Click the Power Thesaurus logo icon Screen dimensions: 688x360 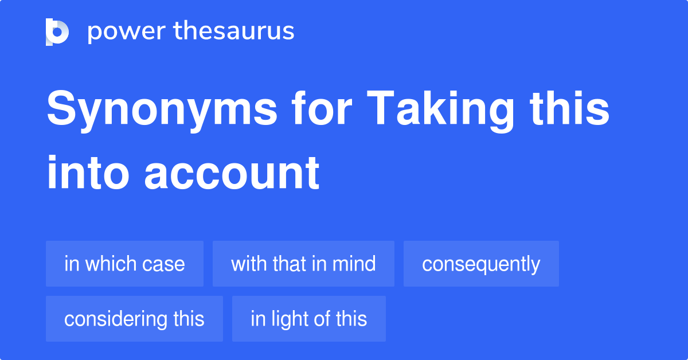[x=57, y=32]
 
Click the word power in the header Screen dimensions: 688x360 [x=127, y=32]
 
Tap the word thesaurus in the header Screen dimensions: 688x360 [x=234, y=30]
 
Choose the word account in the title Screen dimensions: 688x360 [x=232, y=173]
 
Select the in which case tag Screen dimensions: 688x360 [x=125, y=264]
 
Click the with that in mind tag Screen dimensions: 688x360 [x=303, y=264]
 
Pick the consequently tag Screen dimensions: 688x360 [x=481, y=264]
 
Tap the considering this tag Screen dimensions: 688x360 [x=135, y=319]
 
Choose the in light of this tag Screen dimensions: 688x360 [x=309, y=319]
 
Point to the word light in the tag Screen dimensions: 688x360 [x=290, y=320]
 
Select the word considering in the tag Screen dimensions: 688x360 [x=116, y=320]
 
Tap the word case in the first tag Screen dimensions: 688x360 [x=163, y=265]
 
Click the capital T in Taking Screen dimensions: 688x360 [x=380, y=108]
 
